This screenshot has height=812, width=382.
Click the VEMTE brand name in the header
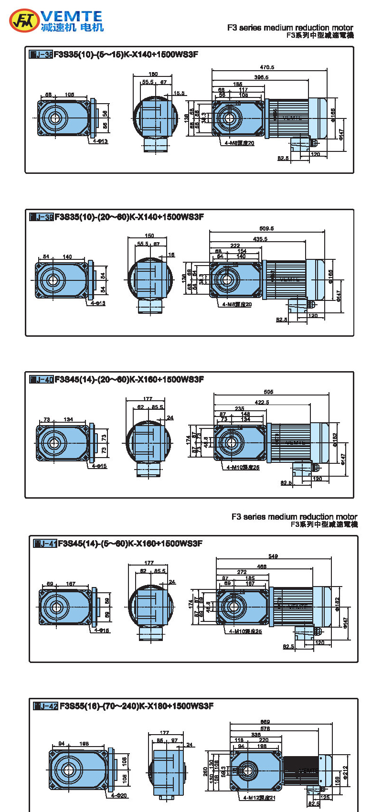(x=72, y=16)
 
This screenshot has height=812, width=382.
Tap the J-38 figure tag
(x=41, y=54)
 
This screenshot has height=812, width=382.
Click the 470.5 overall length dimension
(x=267, y=67)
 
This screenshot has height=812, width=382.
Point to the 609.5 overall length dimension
(x=266, y=228)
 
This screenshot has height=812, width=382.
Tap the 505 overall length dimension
(x=268, y=392)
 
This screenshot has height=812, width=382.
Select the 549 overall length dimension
(x=273, y=556)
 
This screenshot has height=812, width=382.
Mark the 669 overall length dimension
(x=265, y=722)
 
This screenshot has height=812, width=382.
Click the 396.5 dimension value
(x=261, y=77)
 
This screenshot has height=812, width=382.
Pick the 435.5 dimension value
(x=260, y=239)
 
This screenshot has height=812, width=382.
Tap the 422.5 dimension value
(x=262, y=402)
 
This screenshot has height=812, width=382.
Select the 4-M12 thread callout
(x=259, y=798)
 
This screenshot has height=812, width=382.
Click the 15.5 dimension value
(x=179, y=93)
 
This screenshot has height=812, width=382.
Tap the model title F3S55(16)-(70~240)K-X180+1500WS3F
(x=137, y=706)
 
